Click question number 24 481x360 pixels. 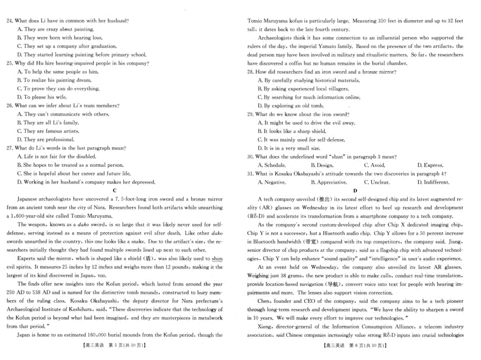tap(10, 20)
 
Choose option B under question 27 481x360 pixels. tap(70, 165)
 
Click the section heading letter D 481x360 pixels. tap(355, 191)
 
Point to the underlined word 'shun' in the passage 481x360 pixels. tap(217, 259)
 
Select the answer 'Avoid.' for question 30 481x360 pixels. tap(374, 165)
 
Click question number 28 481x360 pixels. tap(251, 72)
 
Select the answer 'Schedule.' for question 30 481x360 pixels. tap(272, 165)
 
